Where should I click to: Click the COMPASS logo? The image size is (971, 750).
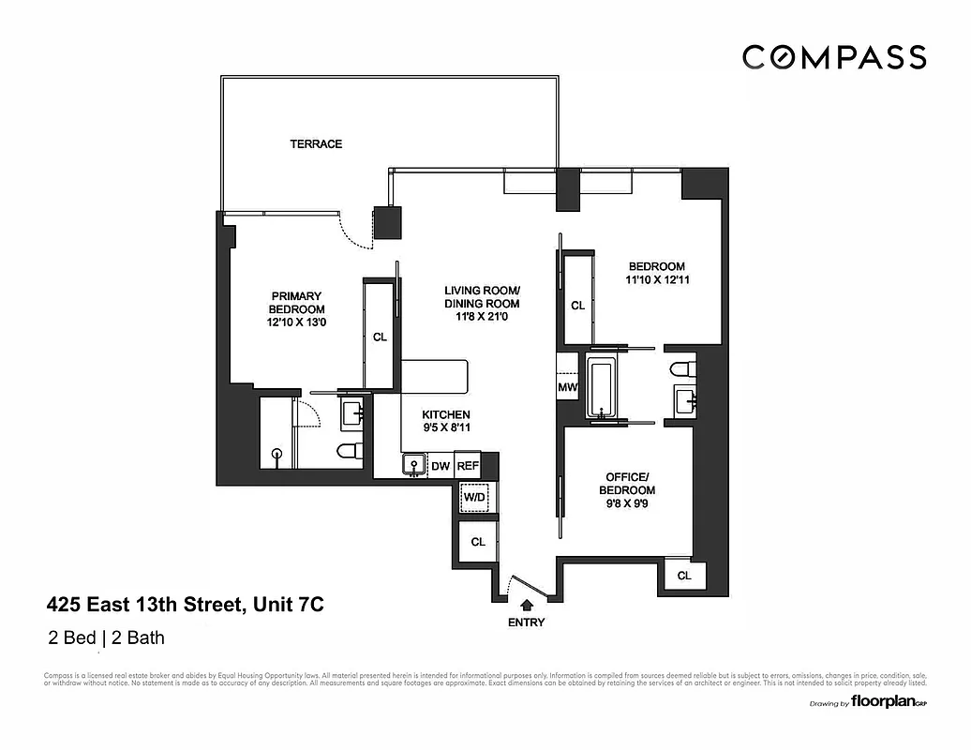point(833,57)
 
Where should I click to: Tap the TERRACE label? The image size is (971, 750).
point(316,144)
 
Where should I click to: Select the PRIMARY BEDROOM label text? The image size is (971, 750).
point(296,303)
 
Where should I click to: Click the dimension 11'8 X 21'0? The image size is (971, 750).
point(482,318)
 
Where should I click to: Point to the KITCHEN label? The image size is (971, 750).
point(445,415)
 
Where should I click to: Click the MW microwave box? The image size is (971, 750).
point(568,387)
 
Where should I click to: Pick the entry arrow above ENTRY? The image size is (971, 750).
point(526,605)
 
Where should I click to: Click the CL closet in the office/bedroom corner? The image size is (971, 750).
point(684,576)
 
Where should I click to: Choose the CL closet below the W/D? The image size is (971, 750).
point(478,542)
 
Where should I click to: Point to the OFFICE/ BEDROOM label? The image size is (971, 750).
point(628,483)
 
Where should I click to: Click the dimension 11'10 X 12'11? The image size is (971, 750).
point(657,280)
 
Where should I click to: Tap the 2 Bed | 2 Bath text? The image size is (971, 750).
point(106,639)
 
